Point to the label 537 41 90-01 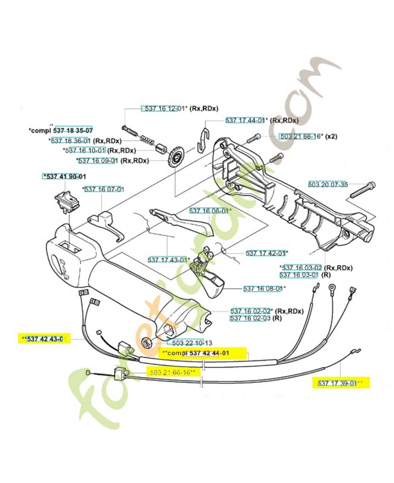[x=64, y=176]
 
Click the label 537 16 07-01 [x=104, y=189]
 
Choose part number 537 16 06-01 [x=210, y=211]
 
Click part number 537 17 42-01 [x=266, y=252]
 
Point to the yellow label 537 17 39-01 [x=340, y=383]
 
